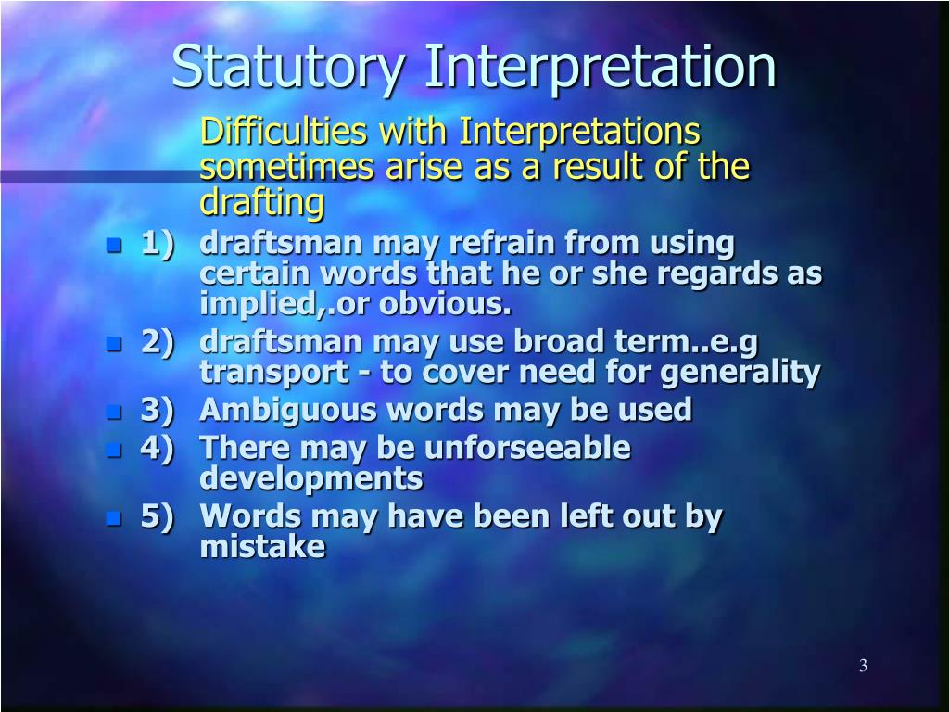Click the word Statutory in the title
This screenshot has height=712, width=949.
pyautogui.click(x=288, y=68)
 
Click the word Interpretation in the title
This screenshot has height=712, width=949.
pyautogui.click(x=601, y=68)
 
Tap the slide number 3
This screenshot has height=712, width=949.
pyautogui.click(x=863, y=666)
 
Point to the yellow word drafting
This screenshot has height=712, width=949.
pyautogui.click(x=262, y=201)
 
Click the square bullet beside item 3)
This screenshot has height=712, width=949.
pyautogui.click(x=114, y=412)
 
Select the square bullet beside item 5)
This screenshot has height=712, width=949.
pyautogui.click(x=114, y=518)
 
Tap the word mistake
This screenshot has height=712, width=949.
pyautogui.click(x=262, y=547)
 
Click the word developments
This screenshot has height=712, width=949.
pyautogui.click(x=311, y=479)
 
